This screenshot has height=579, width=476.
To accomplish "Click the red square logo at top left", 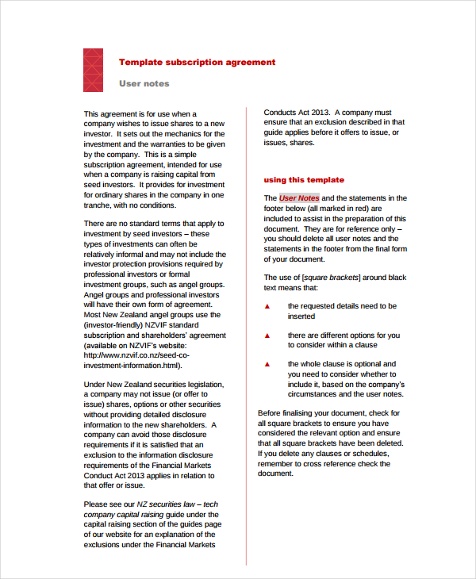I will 93,70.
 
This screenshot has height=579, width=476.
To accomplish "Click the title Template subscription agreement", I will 197,62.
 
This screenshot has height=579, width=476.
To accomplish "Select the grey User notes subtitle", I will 144,83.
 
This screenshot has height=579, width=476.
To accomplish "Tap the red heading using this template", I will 304,180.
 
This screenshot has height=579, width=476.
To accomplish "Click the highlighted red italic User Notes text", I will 299,198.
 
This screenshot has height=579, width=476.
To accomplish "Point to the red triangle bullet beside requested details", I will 267,306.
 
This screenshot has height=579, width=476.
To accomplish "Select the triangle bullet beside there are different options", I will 267,336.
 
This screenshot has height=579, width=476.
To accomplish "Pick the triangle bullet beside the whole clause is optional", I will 267,364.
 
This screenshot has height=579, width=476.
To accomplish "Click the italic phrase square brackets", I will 331,277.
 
